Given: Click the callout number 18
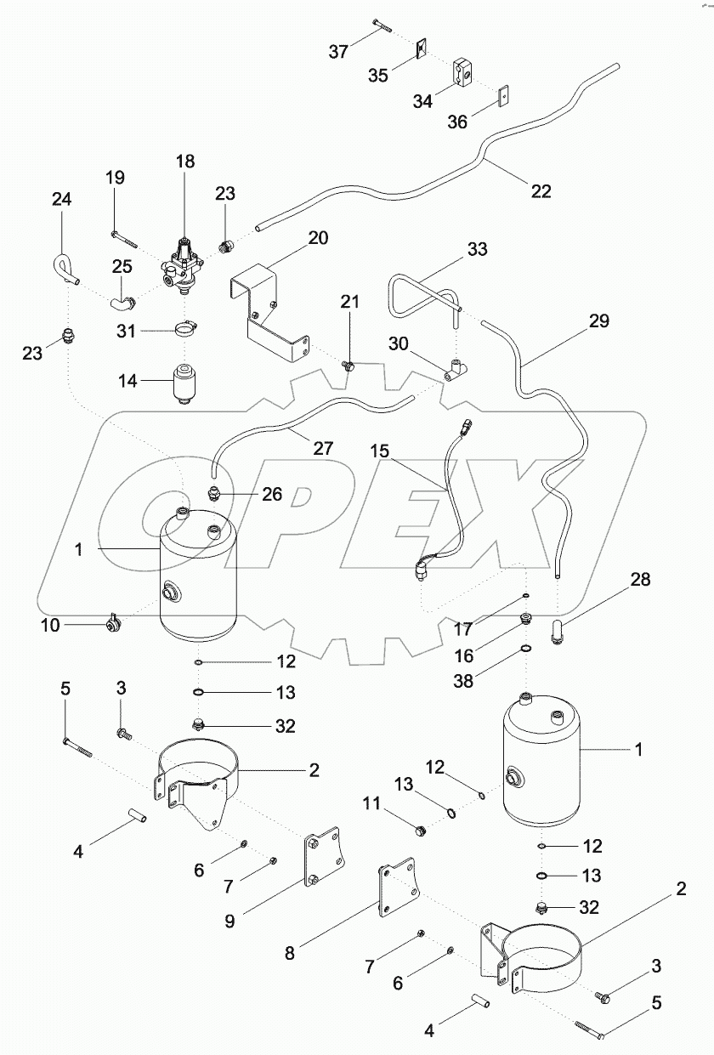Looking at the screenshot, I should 185,162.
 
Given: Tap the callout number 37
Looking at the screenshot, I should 339,52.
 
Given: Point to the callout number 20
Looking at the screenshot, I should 318,238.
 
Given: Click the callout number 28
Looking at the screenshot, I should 640,580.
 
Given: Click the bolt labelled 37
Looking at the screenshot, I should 380,27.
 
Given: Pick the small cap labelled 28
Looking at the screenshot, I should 560,632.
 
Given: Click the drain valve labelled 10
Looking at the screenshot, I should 111,625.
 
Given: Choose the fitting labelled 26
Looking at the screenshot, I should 214,493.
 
